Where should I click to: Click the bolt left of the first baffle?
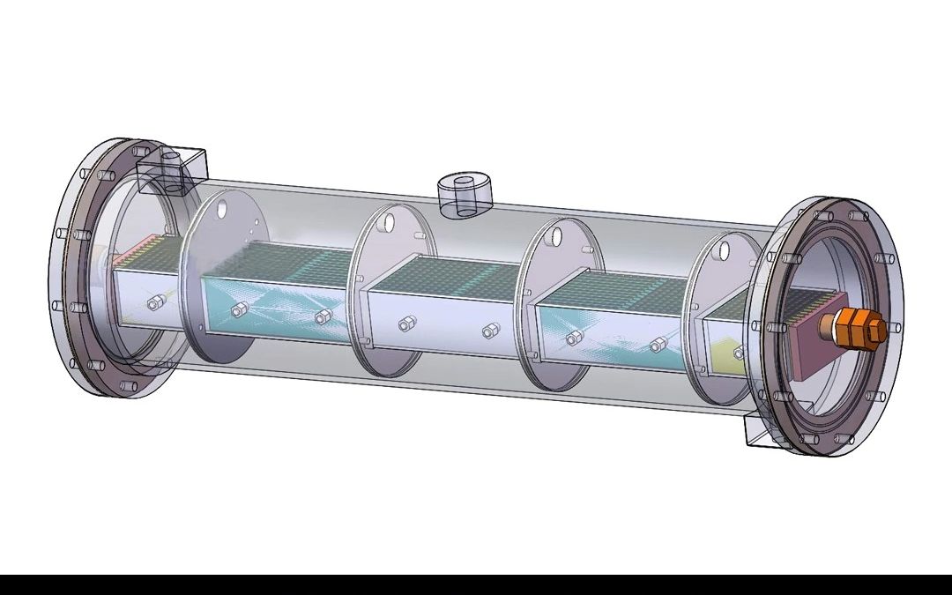[155, 302]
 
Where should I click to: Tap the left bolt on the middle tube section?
[405, 324]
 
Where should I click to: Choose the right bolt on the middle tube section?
[488, 331]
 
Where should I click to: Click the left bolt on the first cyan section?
[237, 310]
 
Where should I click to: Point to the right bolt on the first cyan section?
[321, 317]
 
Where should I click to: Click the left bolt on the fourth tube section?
[573, 338]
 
